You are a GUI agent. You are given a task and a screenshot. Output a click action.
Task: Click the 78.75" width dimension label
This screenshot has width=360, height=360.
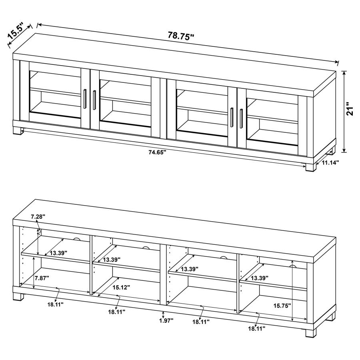point(180,36)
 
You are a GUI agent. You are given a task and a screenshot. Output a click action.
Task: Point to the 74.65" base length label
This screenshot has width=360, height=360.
point(157,152)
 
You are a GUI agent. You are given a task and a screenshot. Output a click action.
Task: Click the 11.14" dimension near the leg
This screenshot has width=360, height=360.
point(330,162)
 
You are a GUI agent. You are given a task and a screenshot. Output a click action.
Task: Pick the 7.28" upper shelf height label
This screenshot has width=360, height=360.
point(38,216)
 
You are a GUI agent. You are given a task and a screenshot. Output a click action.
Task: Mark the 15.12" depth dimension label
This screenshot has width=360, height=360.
point(120,287)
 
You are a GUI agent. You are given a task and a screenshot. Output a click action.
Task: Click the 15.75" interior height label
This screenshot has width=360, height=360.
point(282,306)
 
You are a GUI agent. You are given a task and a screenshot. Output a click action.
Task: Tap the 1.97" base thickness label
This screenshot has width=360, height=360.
point(166,320)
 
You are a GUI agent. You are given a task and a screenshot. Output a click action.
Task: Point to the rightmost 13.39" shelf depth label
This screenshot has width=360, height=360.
point(259,278)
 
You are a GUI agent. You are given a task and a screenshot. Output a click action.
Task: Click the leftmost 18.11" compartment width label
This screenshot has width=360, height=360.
point(56,304)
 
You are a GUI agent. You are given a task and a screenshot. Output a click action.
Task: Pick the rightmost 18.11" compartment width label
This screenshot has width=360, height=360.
point(256,328)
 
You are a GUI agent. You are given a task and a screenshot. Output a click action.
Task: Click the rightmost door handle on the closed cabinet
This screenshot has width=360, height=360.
point(241,116)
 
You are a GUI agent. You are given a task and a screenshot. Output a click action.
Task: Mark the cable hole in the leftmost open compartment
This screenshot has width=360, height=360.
point(77,239)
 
